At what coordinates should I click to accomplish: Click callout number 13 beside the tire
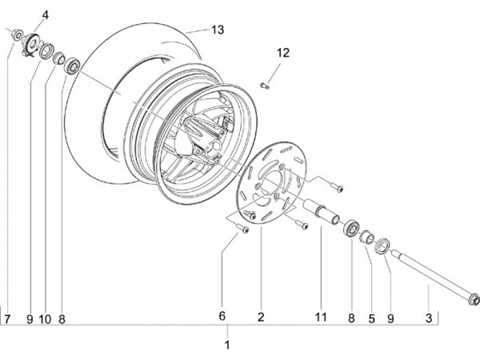click(217, 30)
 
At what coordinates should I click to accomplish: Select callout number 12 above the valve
click(283, 53)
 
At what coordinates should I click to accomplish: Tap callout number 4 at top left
click(45, 15)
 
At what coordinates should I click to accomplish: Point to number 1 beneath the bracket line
click(227, 345)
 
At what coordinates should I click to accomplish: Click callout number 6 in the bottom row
click(222, 316)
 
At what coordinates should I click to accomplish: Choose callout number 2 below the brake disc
click(261, 317)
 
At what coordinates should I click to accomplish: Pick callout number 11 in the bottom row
click(321, 317)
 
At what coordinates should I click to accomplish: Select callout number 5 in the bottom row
click(371, 319)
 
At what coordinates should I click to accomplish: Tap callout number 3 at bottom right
click(429, 318)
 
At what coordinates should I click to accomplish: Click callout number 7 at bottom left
click(7, 319)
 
